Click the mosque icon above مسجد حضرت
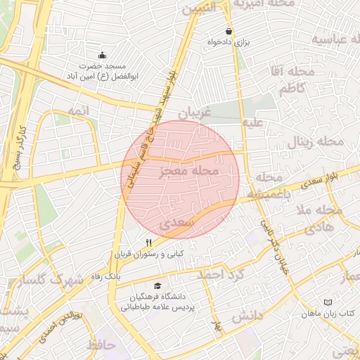coord(103,55)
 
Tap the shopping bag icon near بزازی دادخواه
coord(229,32)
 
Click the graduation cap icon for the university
coord(158,286)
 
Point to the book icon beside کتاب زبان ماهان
coord(327,302)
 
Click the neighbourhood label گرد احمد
coord(220,274)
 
